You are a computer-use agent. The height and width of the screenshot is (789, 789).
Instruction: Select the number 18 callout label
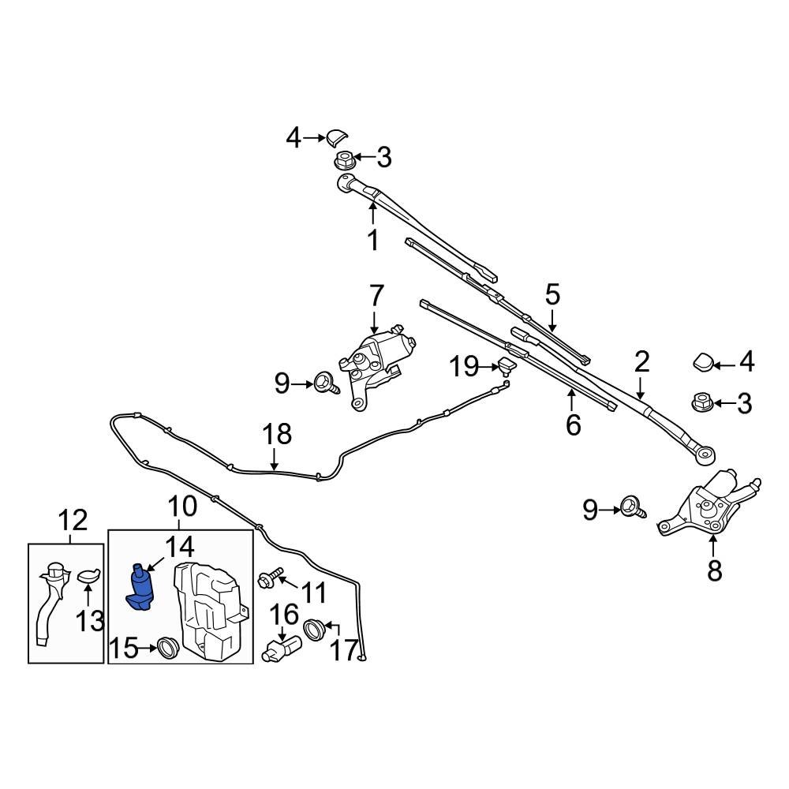pos(277,434)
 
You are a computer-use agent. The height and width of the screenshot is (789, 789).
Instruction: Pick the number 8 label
pos(714,570)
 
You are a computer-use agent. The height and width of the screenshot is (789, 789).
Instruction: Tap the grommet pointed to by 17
pos(314,629)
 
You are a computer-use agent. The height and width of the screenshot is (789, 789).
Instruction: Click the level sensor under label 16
pos(282,648)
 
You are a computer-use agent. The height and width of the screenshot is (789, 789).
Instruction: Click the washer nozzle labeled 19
pos(505,366)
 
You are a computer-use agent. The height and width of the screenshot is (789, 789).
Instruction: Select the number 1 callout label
pos(372,241)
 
